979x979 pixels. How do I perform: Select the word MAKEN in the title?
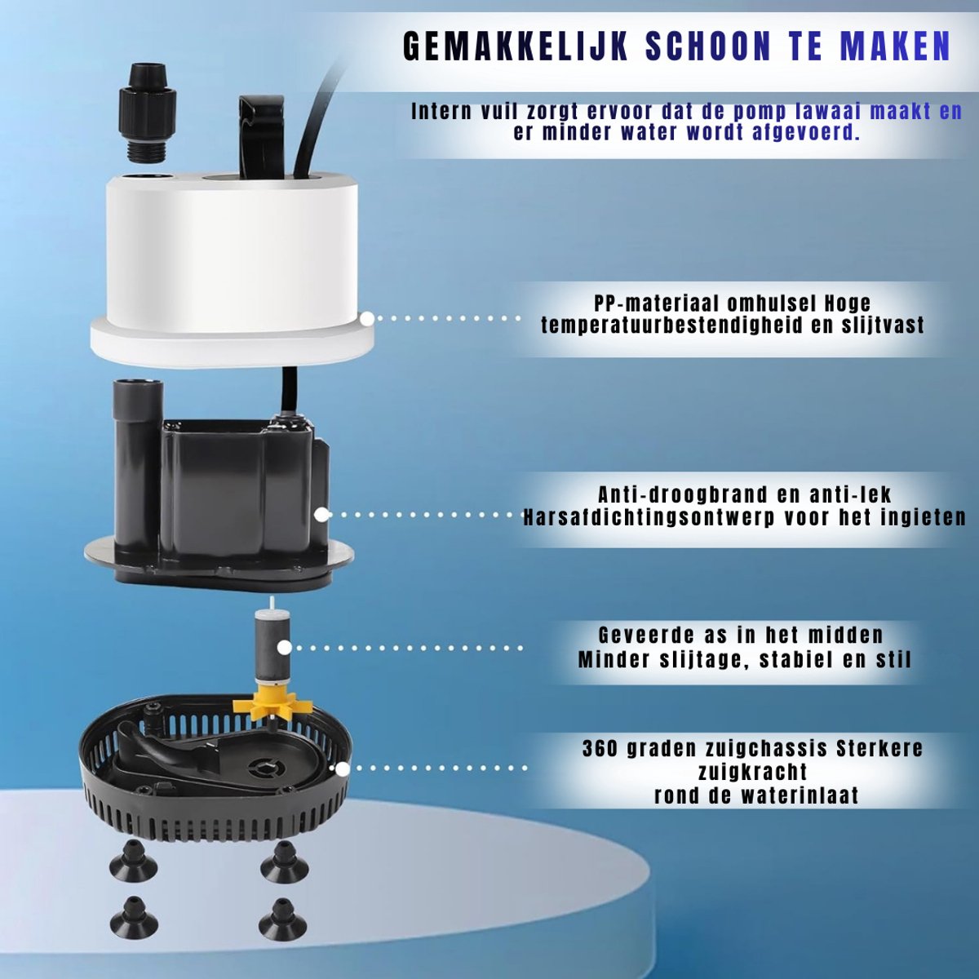tap(895, 47)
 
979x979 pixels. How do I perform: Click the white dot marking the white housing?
tap(367, 318)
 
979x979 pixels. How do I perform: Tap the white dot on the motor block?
tap(321, 515)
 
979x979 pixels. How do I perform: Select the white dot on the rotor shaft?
tap(285, 648)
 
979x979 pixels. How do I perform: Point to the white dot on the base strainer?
tap(343, 769)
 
